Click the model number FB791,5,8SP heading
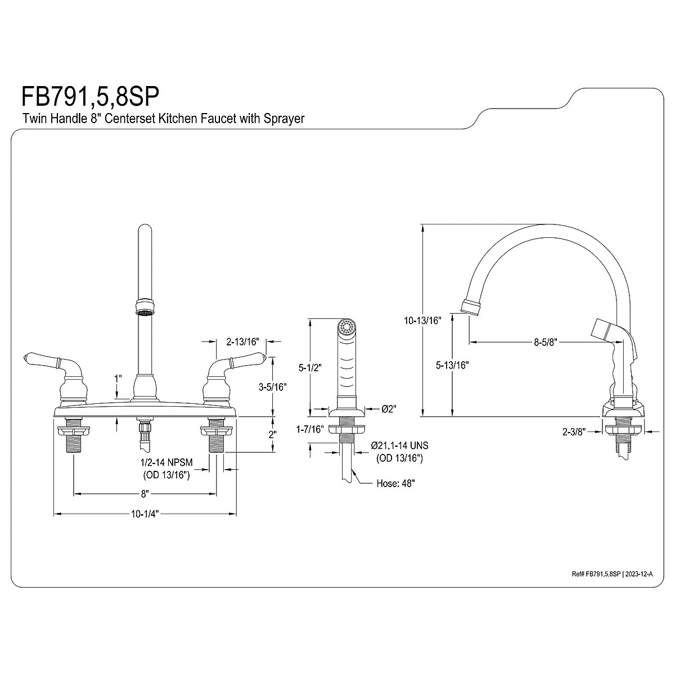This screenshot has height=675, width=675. point(91,96)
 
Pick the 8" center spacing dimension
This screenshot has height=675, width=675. point(145,494)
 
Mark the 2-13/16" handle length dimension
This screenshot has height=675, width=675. point(242,341)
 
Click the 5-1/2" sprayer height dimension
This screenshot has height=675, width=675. point(310,367)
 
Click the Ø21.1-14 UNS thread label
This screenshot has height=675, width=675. point(399,445)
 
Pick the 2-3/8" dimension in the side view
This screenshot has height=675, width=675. point(575,431)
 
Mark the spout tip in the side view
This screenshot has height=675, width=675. point(471,307)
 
